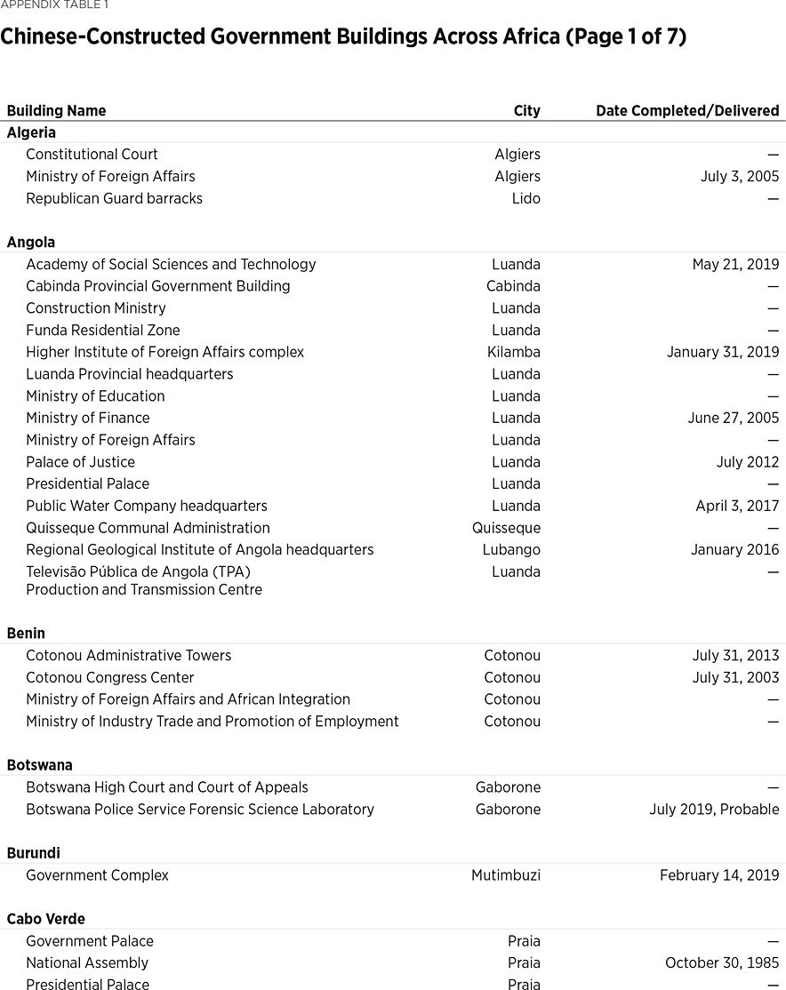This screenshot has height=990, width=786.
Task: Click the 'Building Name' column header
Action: pyautogui.click(x=56, y=111)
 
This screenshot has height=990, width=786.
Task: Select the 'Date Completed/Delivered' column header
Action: pyautogui.click(x=687, y=111)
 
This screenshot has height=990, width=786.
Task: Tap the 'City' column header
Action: pyautogui.click(x=526, y=111)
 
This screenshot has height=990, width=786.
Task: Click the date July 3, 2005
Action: pyautogui.click(x=739, y=177)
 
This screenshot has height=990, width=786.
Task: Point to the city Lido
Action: pyautogui.click(x=525, y=199)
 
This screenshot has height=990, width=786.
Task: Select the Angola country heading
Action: pyautogui.click(x=31, y=243)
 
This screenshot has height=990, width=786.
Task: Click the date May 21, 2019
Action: pyautogui.click(x=735, y=265)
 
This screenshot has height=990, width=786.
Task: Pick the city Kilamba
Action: pyautogui.click(x=513, y=353)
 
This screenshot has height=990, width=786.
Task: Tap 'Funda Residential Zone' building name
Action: pyautogui.click(x=103, y=331)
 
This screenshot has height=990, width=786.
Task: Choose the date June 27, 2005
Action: pyautogui.click(x=733, y=419)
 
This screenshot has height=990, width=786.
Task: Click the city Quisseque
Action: pyautogui.click(x=506, y=528)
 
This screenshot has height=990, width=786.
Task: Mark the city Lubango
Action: pyautogui.click(x=511, y=550)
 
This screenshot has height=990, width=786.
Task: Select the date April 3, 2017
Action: pyautogui.click(x=737, y=507)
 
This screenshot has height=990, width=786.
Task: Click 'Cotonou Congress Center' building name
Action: pyautogui.click(x=110, y=678)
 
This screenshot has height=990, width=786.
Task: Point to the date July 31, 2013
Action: pyautogui.click(x=735, y=656)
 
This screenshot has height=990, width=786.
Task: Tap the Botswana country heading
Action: pyautogui.click(x=39, y=765)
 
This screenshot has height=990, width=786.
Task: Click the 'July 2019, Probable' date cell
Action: pyautogui.click(x=714, y=810)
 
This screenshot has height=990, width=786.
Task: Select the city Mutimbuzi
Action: pyautogui.click(x=505, y=875)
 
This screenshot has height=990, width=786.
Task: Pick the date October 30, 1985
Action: pyautogui.click(x=722, y=963)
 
